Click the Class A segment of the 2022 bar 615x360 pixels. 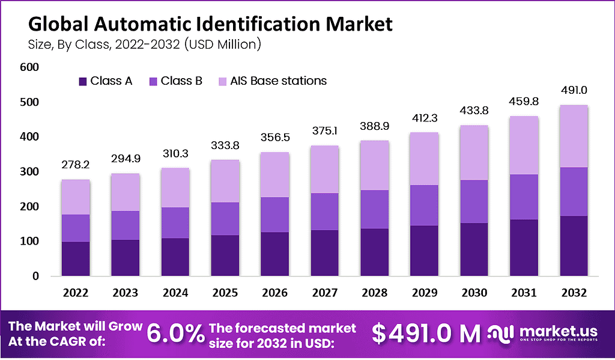[75, 258]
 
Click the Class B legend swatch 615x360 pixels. [153, 81]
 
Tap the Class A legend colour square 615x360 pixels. [83, 81]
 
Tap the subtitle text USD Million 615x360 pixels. [223, 43]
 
